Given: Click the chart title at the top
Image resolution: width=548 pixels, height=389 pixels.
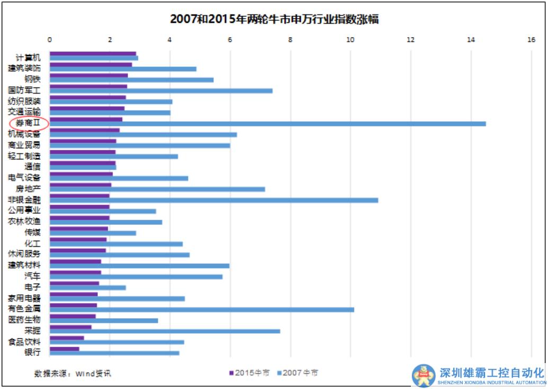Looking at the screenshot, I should (x=274, y=20).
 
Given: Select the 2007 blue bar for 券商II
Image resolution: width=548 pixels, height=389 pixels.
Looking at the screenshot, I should (x=267, y=124).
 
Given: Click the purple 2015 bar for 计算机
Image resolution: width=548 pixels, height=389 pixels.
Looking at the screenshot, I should (x=93, y=53).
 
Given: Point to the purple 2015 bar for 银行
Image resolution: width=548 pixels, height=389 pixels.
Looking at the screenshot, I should (x=64, y=348).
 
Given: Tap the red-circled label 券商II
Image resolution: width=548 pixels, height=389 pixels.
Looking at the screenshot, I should (x=29, y=123).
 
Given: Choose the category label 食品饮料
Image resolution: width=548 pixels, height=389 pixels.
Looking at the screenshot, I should (x=24, y=341).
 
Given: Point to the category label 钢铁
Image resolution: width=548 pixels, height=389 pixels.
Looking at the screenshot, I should (x=32, y=79).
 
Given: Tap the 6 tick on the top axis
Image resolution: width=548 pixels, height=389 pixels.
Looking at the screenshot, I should (x=230, y=40).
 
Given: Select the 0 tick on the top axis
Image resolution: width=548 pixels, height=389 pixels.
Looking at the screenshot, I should (x=50, y=40).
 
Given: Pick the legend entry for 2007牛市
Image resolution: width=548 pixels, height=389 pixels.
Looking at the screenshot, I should (x=298, y=373).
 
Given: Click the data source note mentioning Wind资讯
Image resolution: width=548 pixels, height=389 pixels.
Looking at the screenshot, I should (x=73, y=373).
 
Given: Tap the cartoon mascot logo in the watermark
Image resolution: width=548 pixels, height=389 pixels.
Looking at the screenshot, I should (x=424, y=375).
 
